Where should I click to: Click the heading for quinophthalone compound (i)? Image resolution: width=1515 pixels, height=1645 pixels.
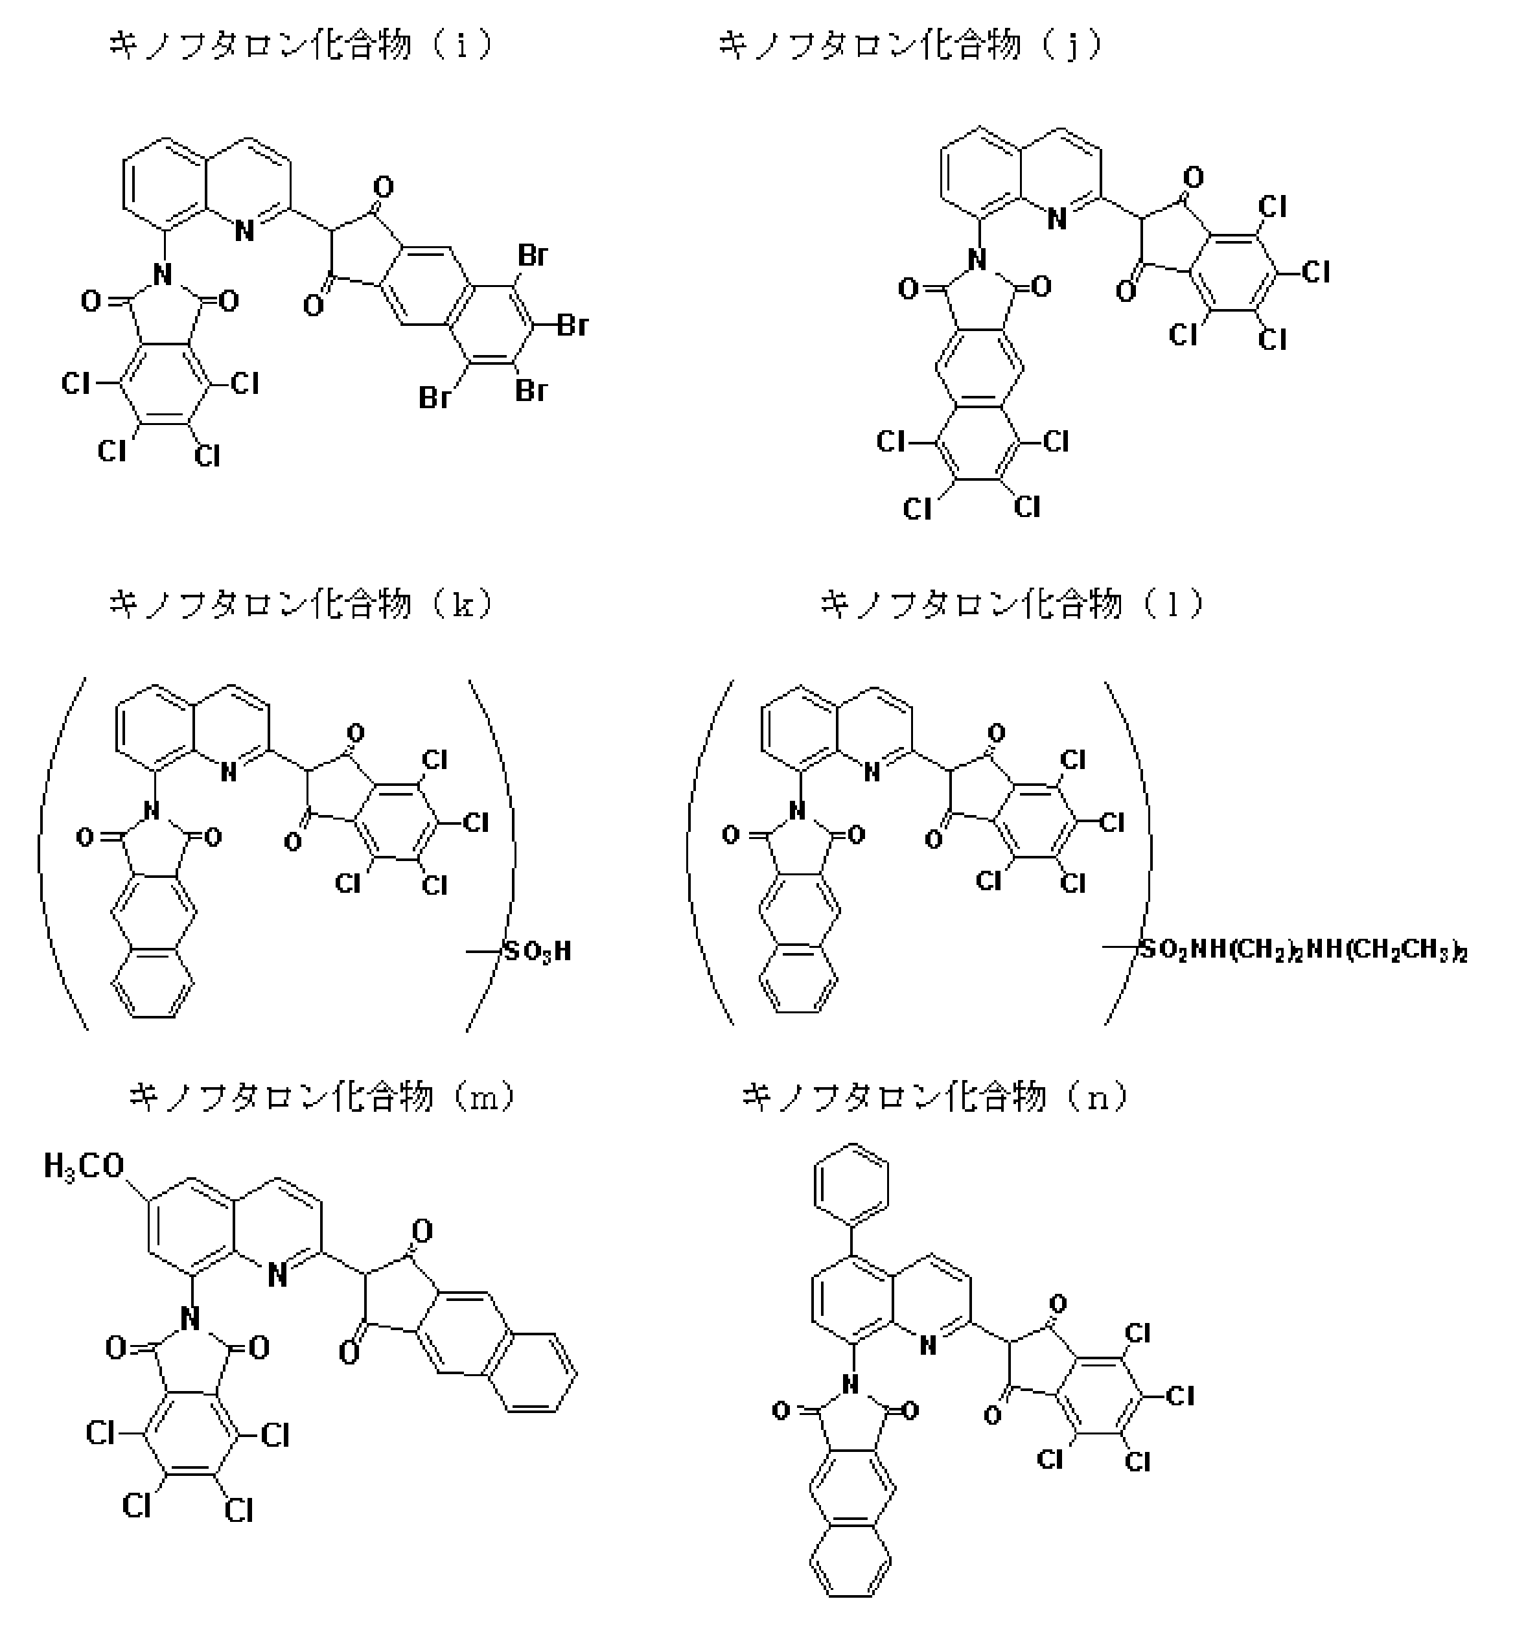302,45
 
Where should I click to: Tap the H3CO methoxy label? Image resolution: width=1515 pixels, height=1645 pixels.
84,1166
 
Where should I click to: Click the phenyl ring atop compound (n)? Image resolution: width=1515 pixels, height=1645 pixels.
851,1184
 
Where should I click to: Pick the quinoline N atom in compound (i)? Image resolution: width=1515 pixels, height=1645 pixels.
244,232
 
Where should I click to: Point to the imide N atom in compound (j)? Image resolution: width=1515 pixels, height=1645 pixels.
976,260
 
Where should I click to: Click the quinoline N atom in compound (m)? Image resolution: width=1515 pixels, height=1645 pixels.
277,1275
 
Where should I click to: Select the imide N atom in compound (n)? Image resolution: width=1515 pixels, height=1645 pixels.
850,1385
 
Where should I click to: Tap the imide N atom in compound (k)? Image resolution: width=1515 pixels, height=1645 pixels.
151,811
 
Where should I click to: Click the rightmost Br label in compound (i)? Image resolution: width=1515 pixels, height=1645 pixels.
572,325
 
